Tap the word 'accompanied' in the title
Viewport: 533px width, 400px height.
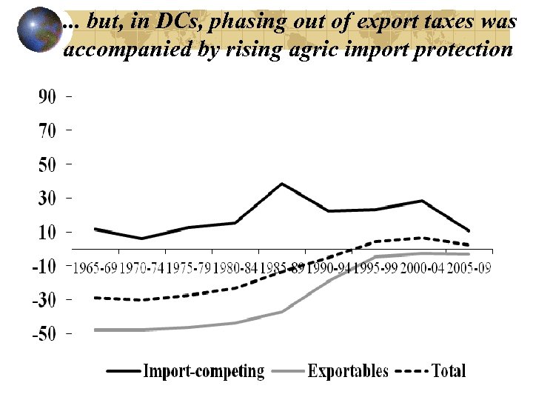(x=113, y=50)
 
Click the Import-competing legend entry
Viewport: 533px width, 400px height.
(x=204, y=370)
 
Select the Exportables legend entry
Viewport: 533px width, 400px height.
(x=348, y=370)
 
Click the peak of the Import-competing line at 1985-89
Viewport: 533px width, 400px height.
(x=282, y=184)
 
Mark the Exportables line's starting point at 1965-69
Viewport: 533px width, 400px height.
(x=95, y=330)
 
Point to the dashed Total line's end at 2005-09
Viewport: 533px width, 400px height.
(x=468, y=244)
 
